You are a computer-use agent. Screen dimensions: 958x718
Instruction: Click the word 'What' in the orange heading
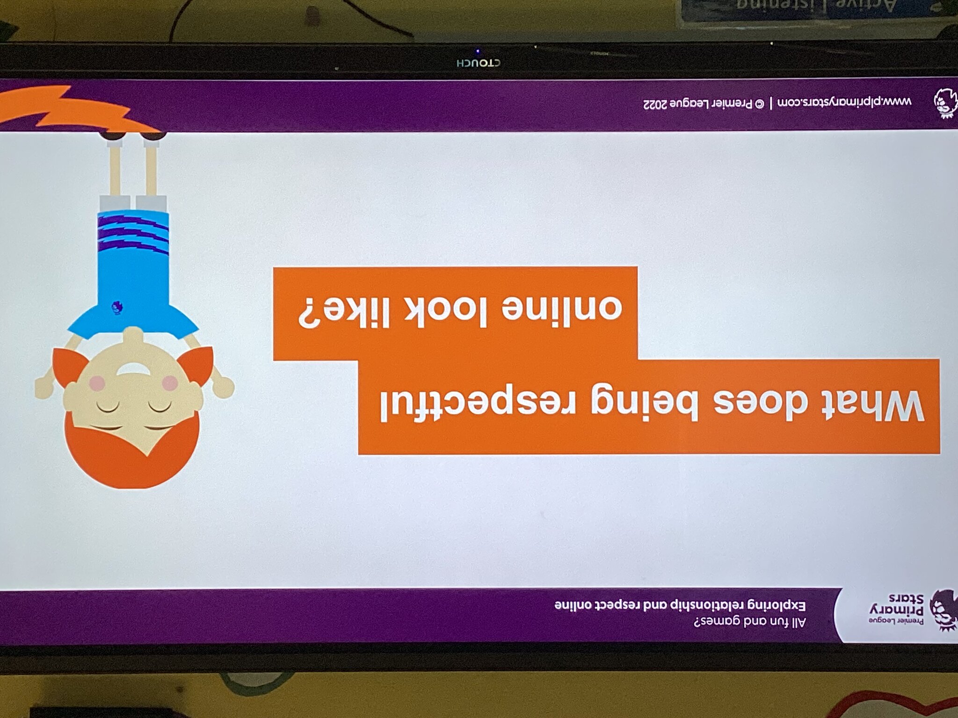tap(872, 406)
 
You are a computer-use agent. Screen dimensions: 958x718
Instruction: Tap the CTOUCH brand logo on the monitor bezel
tap(478, 63)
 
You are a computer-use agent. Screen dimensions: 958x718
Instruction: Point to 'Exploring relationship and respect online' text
tap(680, 605)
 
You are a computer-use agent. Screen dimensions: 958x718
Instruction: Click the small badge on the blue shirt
tap(117, 307)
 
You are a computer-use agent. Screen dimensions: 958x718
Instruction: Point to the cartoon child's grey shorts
tap(133, 203)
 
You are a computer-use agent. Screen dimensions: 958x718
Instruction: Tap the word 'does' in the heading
tap(761, 406)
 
